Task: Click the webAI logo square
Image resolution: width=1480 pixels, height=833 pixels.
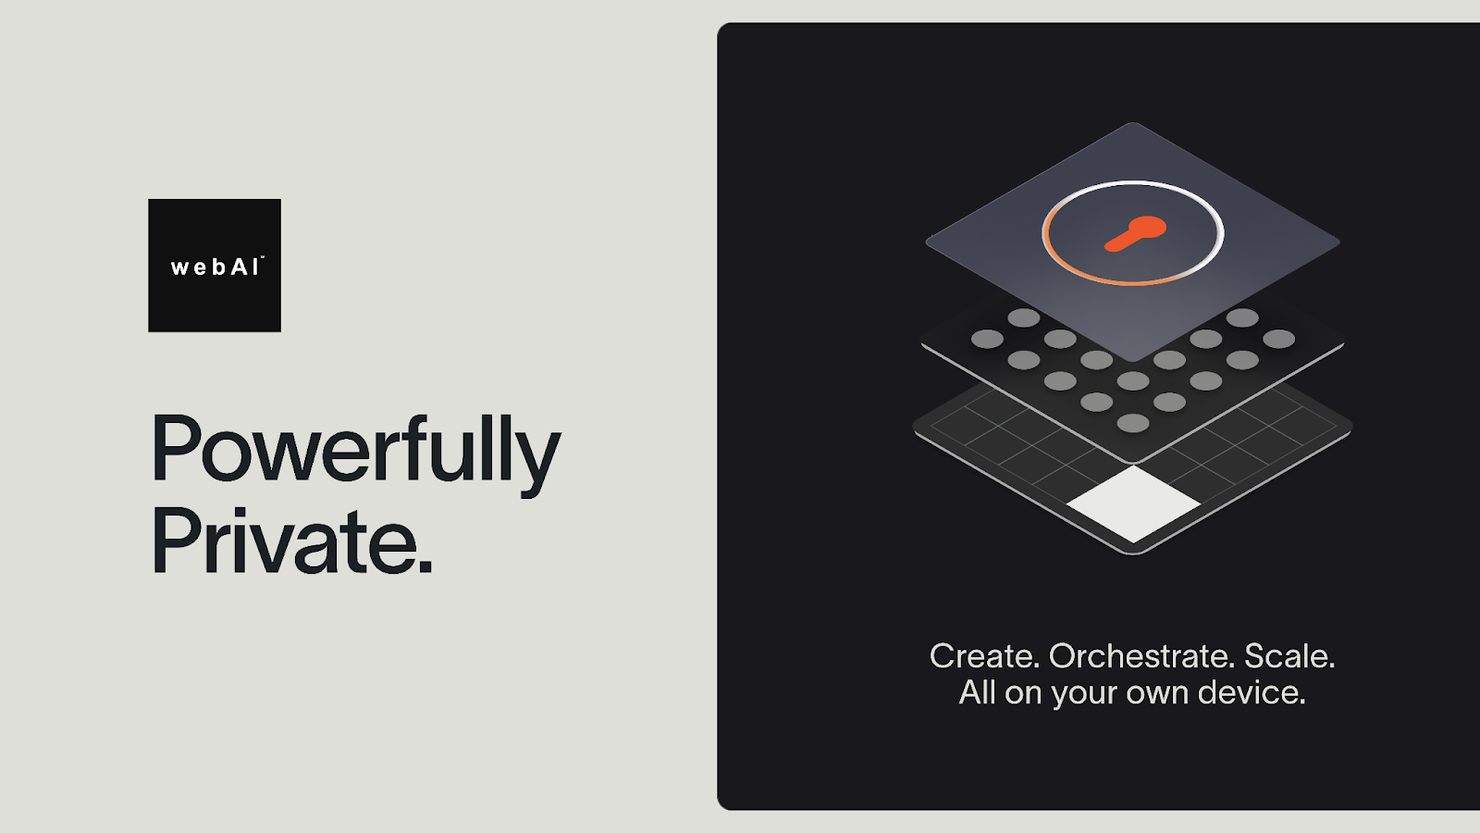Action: pos(214,265)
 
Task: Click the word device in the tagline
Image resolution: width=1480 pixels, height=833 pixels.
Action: pos(1252,692)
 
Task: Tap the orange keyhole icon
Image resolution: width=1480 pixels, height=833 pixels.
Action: pos(1135,233)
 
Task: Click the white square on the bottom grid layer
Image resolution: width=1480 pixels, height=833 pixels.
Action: pos(1133,504)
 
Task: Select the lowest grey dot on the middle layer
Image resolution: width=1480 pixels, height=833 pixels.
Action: pos(1132,422)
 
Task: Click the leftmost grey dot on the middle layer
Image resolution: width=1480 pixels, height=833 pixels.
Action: pos(987,339)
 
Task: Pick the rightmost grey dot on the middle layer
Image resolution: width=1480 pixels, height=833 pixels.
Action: pos(1278,339)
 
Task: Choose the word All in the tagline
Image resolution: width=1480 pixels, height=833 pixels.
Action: pos(978,691)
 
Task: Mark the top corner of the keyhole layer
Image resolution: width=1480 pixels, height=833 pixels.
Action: pos(1132,123)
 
